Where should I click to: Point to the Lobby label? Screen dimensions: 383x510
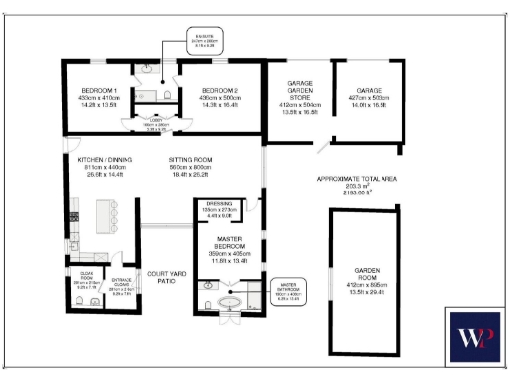[151, 126]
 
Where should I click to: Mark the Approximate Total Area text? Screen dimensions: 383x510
[358, 184]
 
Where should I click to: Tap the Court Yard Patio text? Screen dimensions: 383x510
[162, 276]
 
